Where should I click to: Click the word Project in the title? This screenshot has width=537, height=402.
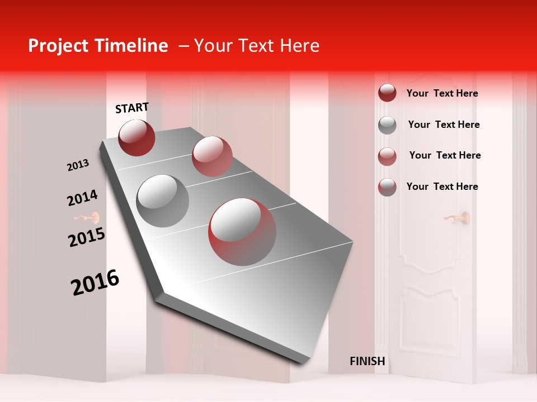59,46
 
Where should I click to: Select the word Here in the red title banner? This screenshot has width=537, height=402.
299,46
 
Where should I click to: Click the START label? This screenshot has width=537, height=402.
132,108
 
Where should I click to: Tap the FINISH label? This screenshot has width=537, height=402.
367,361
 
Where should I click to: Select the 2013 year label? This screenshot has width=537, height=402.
78,165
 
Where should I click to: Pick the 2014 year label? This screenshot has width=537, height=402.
82,198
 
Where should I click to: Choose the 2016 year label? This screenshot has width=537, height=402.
95,282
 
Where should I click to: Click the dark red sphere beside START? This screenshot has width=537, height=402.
136,137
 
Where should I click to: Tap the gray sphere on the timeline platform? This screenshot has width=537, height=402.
163,200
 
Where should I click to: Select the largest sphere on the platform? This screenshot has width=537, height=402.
242,232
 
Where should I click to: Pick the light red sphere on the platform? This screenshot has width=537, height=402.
212,156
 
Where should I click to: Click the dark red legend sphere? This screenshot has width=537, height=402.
387,93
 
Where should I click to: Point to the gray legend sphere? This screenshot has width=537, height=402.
387,125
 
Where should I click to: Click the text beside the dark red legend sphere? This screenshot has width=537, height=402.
442,93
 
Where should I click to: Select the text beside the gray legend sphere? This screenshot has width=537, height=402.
444,125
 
